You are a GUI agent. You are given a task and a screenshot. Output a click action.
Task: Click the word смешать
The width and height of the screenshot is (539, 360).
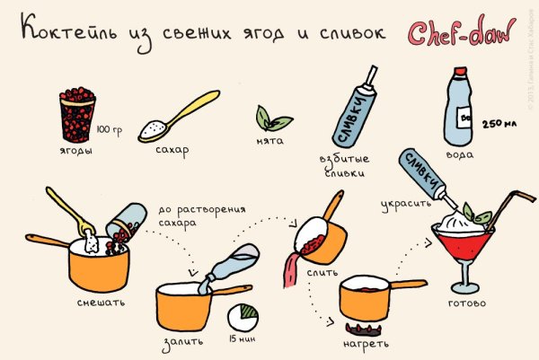[101, 301]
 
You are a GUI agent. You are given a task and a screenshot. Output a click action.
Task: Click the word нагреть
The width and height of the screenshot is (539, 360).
[366, 342]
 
